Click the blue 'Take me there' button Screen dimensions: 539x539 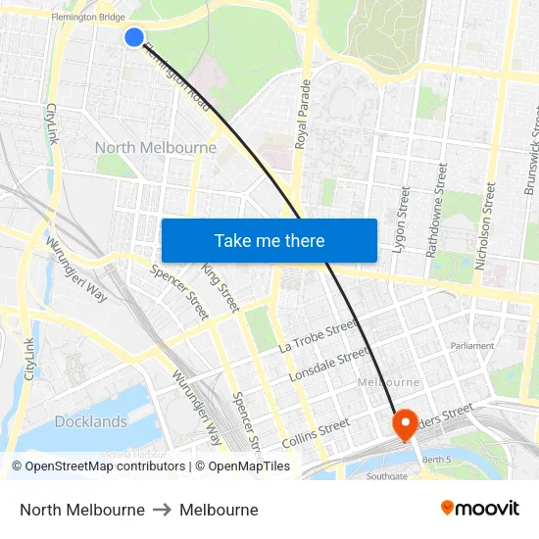click(x=269, y=240)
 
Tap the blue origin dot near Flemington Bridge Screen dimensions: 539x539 click(x=134, y=37)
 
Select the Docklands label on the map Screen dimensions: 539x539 click(x=91, y=421)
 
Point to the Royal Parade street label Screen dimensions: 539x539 click(x=302, y=114)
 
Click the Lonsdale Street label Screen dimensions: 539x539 click(x=328, y=365)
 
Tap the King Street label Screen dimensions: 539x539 click(x=220, y=287)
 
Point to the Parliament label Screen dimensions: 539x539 click(x=472, y=346)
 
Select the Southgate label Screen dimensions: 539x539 click(x=387, y=476)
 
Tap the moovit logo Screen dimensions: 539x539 click(x=480, y=509)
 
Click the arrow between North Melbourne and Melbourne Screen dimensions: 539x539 click(x=162, y=510)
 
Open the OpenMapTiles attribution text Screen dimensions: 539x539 click(x=243, y=466)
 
